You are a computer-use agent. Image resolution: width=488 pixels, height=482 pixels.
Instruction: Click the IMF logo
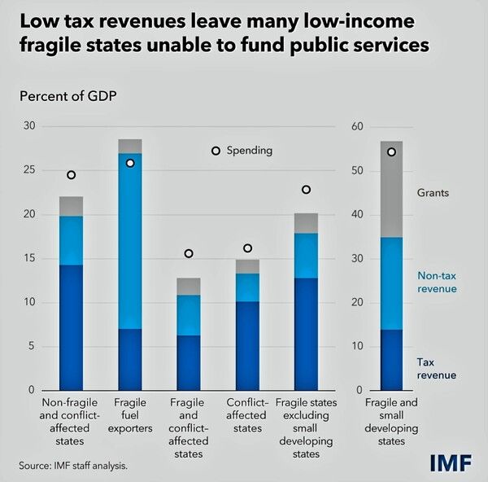coord(451,463)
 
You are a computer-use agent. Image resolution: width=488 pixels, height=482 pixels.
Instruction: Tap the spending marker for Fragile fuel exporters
coord(130,163)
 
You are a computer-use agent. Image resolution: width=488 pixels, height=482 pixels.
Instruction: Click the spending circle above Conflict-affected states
coord(247,248)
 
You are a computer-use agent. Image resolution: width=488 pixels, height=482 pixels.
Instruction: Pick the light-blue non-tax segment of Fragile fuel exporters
coord(130,240)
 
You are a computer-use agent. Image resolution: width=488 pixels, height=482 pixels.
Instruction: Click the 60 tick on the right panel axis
coord(355,126)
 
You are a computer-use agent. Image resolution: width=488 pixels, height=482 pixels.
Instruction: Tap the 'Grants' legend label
coord(433,193)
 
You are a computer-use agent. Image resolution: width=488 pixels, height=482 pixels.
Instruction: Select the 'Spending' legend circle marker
coord(216,151)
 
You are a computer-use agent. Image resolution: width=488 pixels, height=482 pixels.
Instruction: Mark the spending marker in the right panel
coord(391,152)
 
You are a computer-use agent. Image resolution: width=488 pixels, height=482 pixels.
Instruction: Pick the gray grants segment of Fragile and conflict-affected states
coord(189,286)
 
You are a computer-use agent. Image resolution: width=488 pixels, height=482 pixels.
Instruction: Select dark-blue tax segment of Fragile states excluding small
coord(306,334)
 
